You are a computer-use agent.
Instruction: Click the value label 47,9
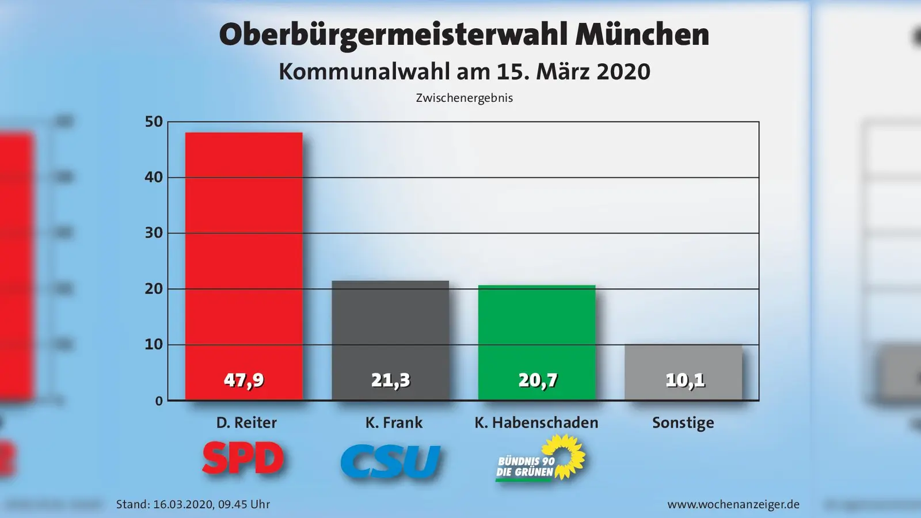click(243, 380)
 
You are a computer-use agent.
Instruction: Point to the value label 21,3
click(390, 380)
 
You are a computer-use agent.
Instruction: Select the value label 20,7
click(538, 380)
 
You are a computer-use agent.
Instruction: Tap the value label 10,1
click(684, 380)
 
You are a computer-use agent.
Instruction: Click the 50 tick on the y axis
click(154, 121)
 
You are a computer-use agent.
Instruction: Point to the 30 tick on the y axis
click(154, 233)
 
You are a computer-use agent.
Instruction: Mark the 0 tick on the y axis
click(159, 401)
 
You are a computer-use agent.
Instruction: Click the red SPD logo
click(243, 459)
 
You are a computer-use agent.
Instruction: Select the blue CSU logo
click(390, 461)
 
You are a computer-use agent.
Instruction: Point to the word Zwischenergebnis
click(464, 98)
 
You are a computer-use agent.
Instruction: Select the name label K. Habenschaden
click(536, 423)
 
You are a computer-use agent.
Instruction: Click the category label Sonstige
click(683, 423)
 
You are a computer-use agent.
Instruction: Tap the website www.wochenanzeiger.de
click(733, 505)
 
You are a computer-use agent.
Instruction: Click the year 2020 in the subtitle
click(623, 72)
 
